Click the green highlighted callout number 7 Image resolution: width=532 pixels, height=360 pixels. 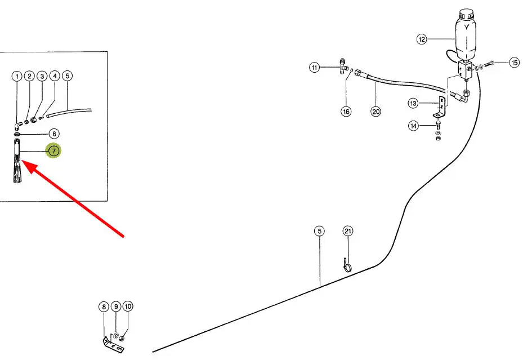tap(53, 151)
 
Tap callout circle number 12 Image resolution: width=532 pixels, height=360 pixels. tap(422, 39)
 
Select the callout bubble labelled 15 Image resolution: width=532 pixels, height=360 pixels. tap(514, 63)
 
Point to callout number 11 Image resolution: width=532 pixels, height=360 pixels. tap(314, 68)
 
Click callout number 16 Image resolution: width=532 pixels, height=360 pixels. tap(346, 112)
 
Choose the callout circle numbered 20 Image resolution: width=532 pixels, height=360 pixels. tap(376, 112)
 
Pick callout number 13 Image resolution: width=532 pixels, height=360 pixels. tap(414, 103)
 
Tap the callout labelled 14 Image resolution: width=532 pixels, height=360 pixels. tap(414, 126)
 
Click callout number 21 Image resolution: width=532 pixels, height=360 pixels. tap(347, 232)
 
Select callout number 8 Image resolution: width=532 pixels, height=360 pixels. tap(104, 307)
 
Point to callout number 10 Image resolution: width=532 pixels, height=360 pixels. tap(128, 307)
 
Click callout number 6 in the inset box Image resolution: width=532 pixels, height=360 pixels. tap(53, 134)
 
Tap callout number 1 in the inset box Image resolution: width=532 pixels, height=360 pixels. tap(17, 76)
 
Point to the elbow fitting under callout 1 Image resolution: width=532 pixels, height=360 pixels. tap(19, 124)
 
